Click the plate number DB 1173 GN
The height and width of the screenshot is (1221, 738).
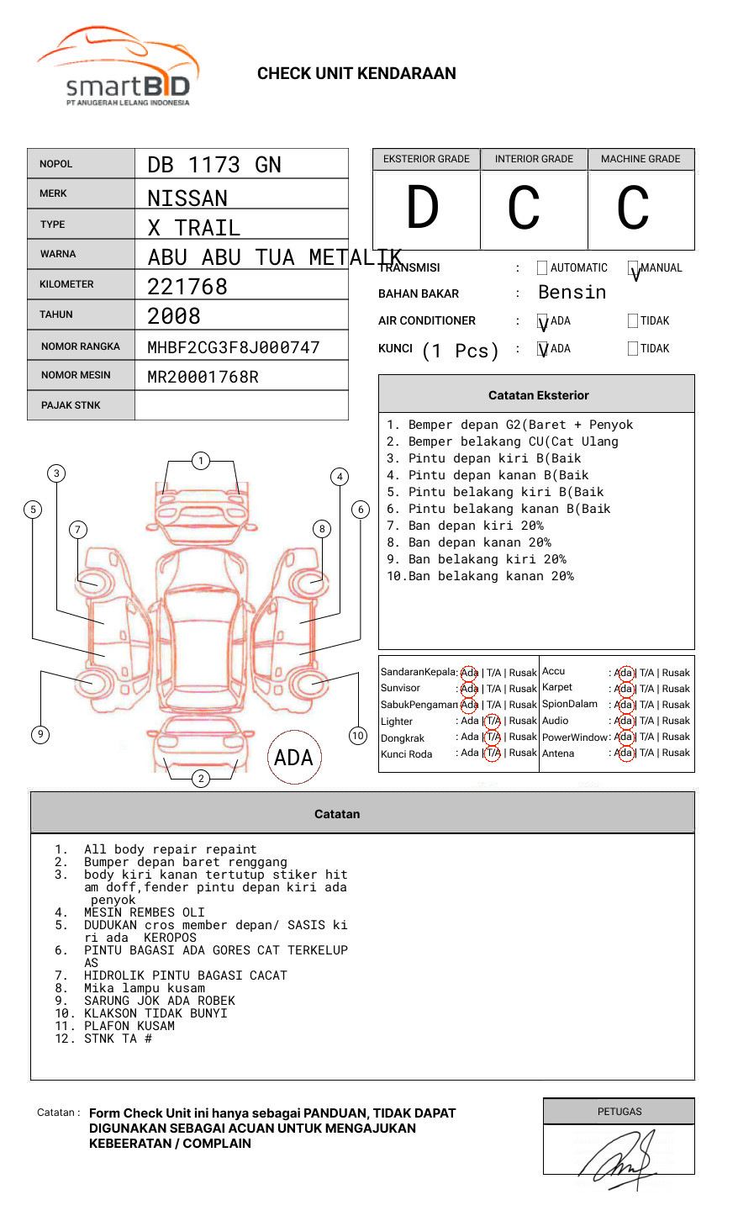point(214,165)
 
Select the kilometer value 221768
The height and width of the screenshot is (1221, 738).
point(187,287)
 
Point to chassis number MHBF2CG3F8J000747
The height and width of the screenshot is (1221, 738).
point(234,347)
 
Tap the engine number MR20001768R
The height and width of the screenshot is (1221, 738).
point(203,377)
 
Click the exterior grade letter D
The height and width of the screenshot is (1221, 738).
point(423,208)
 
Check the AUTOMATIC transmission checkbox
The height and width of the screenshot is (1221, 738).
point(542,268)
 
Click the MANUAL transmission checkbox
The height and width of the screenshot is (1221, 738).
point(634,268)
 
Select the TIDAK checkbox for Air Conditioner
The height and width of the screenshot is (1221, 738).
point(633,320)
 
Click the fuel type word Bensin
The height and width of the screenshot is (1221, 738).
point(572,293)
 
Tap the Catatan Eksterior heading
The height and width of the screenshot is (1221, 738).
point(538,395)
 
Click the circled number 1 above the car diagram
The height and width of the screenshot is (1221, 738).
point(200,461)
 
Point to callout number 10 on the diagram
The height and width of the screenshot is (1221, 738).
point(358,736)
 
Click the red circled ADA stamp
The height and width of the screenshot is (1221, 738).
point(293,758)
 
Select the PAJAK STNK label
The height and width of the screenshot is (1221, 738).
point(71,405)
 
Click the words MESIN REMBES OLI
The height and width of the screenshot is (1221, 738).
point(144,912)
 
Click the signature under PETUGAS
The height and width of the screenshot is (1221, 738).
point(620,1159)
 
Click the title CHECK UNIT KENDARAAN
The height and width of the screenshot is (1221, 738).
point(356,74)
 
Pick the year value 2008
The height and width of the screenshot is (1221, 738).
point(174,317)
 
